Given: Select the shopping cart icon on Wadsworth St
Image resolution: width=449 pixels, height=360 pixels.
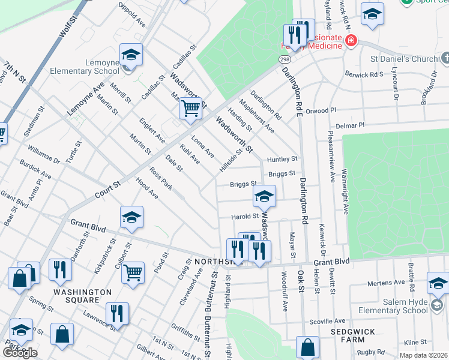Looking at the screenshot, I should (190, 109).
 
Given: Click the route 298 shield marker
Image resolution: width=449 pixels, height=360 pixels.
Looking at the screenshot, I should (284, 59).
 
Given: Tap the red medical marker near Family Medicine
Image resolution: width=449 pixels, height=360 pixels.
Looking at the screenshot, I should (351, 41).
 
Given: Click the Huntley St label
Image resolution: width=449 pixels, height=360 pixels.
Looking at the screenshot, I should (282, 159).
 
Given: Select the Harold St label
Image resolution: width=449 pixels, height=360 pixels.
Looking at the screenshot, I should (246, 216).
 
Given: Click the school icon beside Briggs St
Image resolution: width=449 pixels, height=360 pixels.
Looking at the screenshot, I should (264, 196).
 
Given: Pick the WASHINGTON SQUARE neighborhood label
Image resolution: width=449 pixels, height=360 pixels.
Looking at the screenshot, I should (82, 296).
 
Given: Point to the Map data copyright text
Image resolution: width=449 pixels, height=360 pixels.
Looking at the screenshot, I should (424, 355).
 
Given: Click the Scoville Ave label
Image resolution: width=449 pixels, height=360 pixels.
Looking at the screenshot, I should (327, 322).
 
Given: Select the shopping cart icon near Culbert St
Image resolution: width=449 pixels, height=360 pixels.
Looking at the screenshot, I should (133, 272).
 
